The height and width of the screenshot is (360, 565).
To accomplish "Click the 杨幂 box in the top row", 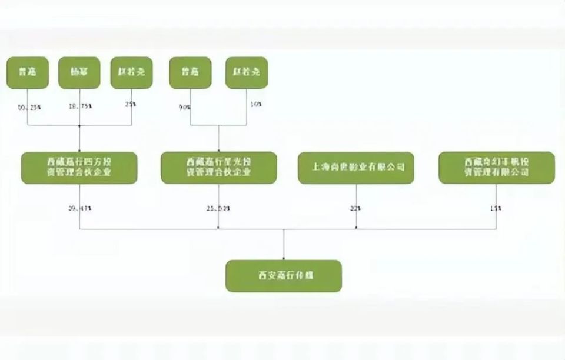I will pyautogui.click(x=79, y=72).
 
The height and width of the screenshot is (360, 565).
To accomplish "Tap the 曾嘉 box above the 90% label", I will pyautogui.click(x=190, y=72).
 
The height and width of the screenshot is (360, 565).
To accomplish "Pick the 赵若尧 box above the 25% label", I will pyautogui.click(x=131, y=72).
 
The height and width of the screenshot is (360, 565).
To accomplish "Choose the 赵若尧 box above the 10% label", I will pyautogui.click(x=246, y=72).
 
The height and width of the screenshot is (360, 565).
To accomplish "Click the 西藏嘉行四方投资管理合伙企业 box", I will pyautogui.click(x=79, y=168).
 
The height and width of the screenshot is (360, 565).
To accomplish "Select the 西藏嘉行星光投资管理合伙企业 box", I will pyautogui.click(x=218, y=168).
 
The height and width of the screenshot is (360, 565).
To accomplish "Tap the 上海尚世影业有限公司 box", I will pyautogui.click(x=355, y=168).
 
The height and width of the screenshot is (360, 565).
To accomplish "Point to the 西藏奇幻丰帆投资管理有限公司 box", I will pyautogui.click(x=496, y=168).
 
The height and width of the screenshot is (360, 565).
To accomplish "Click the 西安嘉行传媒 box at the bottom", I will pyautogui.click(x=283, y=276).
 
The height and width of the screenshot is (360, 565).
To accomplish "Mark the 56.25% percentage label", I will pyautogui.click(x=29, y=106).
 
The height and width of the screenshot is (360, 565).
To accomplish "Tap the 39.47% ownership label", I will pyautogui.click(x=79, y=208).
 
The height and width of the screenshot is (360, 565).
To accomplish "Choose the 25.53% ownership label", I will pyautogui.click(x=218, y=208).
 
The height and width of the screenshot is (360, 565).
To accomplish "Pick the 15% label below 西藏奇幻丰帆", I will pyautogui.click(x=496, y=208).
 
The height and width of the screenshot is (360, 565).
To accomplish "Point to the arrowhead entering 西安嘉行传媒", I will pyautogui.click(x=284, y=257).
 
